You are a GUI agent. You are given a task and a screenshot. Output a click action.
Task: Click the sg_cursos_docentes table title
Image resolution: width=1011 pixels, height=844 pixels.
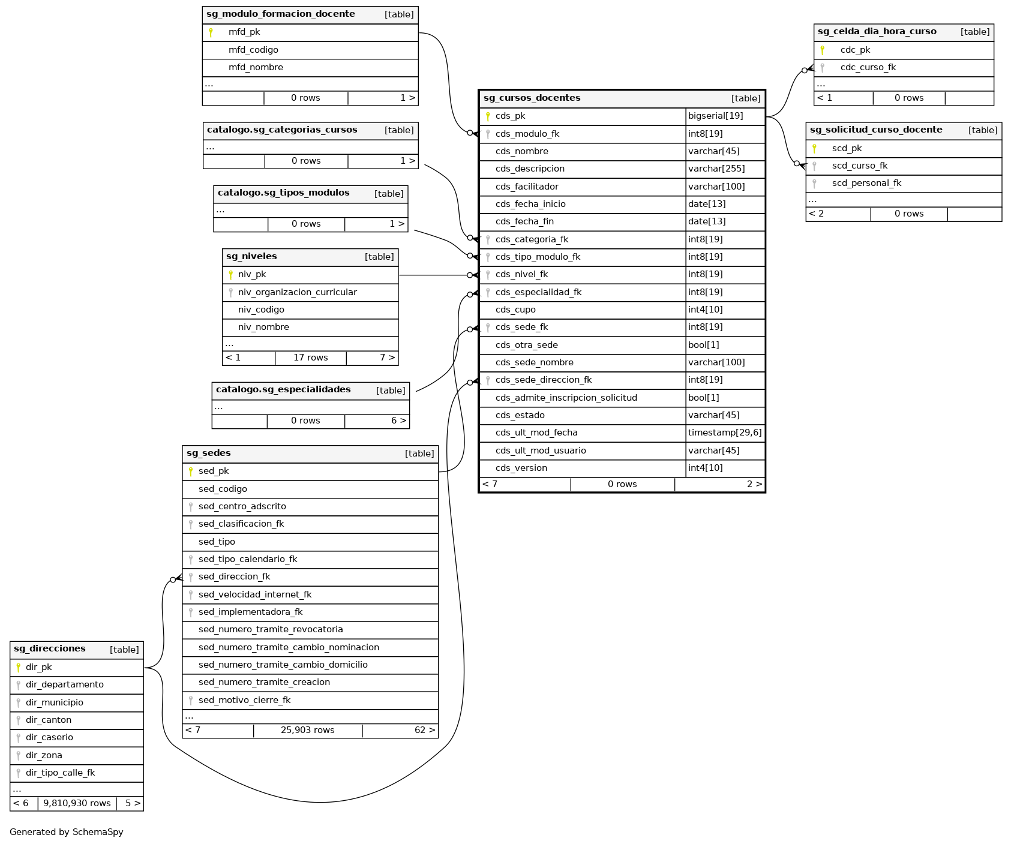[532, 98]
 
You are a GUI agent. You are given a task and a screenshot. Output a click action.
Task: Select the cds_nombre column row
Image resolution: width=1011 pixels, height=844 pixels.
[521, 151]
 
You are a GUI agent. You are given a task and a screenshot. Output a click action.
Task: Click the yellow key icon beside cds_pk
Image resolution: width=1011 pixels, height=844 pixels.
[488, 116]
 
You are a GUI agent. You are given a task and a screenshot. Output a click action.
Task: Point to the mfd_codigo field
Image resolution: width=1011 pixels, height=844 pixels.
[253, 50]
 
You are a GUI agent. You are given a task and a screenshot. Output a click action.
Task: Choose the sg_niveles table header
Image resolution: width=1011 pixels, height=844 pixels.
[251, 256]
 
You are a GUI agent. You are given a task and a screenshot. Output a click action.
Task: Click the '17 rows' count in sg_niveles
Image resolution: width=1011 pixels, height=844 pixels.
[310, 358]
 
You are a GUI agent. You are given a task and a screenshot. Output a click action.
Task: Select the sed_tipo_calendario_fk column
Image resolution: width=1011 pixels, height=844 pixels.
[248, 559]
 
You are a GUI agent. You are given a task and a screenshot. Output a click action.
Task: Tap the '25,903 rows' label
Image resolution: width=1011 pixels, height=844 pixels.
[307, 730]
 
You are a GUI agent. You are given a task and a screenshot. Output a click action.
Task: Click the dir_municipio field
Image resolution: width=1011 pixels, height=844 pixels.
[55, 702]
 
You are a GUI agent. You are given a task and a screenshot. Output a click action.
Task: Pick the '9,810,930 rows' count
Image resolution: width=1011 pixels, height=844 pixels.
[77, 803]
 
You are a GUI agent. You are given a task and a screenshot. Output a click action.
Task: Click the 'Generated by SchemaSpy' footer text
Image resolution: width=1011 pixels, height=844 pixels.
[67, 832]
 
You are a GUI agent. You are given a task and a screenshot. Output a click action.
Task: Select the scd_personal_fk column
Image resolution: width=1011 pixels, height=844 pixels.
[866, 183]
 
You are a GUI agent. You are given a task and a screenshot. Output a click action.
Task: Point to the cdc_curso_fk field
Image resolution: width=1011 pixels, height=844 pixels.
[868, 67]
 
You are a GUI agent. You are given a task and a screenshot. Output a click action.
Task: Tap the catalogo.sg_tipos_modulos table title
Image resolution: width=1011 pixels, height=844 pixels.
[283, 193]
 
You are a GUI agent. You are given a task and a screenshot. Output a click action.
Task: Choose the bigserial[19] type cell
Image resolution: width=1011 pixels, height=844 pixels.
[715, 116]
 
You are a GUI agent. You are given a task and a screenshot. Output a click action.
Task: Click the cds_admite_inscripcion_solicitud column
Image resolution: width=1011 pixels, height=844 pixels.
[566, 398]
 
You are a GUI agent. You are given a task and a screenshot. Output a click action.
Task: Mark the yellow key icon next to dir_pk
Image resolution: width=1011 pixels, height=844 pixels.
[19, 667]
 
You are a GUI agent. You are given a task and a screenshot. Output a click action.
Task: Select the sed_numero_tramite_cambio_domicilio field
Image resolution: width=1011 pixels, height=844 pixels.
[283, 665]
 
